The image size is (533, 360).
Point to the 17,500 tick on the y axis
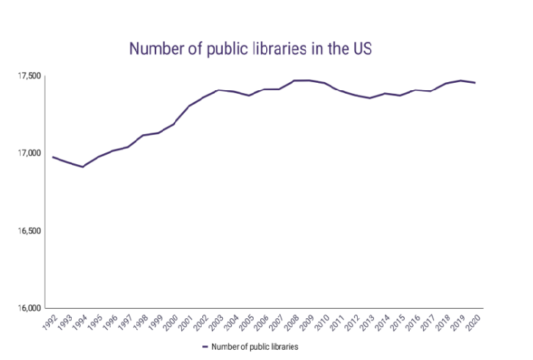point(30,76)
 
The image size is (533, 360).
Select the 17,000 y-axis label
point(30,153)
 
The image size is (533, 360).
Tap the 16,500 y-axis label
point(30,231)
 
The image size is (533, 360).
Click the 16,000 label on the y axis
point(30,308)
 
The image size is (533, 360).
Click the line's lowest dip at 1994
point(83,166)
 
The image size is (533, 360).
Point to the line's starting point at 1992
point(53,157)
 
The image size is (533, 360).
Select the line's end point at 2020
point(475,83)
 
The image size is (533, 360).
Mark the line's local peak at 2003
point(218,90)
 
